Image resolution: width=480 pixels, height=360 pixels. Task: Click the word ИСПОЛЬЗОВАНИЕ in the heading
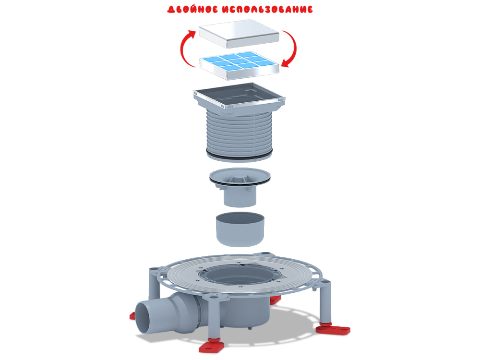(x=267, y=9)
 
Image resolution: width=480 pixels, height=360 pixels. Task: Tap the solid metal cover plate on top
(x=239, y=34)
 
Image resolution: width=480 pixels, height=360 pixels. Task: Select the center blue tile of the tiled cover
(x=239, y=61)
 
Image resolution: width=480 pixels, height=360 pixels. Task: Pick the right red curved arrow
(x=292, y=48)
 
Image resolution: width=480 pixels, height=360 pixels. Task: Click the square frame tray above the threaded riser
(x=239, y=97)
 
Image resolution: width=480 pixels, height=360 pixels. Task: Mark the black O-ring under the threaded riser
(x=239, y=156)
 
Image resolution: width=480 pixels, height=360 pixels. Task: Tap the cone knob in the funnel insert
(x=240, y=179)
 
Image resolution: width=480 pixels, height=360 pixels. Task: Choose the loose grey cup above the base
(x=240, y=229)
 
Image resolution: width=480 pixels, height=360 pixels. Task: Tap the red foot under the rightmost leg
(x=333, y=329)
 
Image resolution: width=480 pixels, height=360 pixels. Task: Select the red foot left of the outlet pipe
(x=132, y=315)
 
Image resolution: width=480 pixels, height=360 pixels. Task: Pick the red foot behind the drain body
(x=275, y=300)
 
